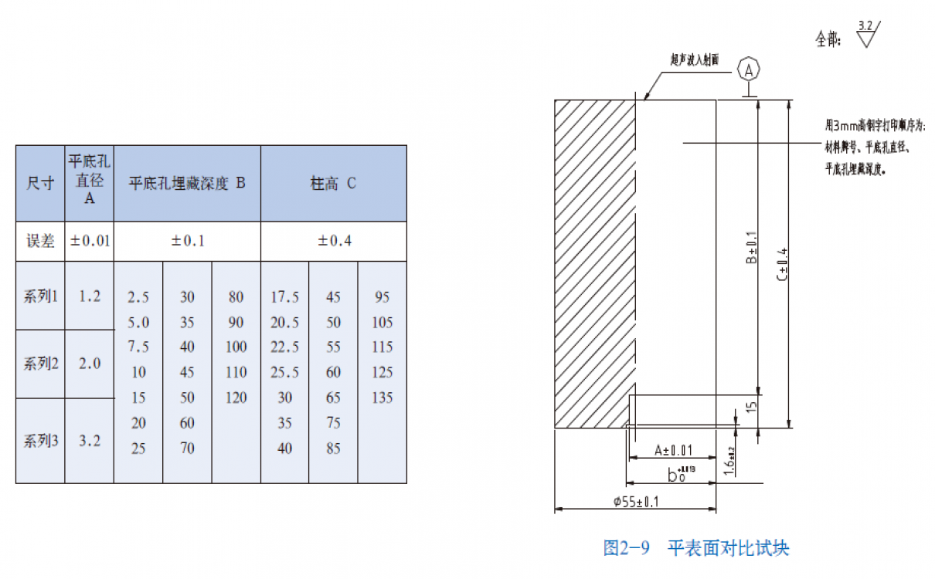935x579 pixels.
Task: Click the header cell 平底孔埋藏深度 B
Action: click(187, 184)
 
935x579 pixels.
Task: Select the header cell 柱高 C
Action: click(333, 184)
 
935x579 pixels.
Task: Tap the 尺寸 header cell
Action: click(40, 184)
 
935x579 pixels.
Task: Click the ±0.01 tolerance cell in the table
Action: click(90, 241)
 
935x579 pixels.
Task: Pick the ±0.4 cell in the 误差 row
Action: click(333, 241)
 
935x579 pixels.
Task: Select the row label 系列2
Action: click(41, 364)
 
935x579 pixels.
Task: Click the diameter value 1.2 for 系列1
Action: click(90, 296)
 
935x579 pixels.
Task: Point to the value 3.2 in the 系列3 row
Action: click(90, 441)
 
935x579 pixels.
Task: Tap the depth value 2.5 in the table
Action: click(138, 297)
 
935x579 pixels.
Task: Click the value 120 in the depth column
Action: click(236, 398)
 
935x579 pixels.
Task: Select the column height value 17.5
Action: click(284, 297)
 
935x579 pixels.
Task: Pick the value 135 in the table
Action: click(382, 398)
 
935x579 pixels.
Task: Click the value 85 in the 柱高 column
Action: click(333, 449)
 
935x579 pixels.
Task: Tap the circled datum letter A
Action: click(748, 69)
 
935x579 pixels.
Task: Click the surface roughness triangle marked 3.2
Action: click(865, 35)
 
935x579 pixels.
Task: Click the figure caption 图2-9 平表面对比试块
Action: click(695, 549)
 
